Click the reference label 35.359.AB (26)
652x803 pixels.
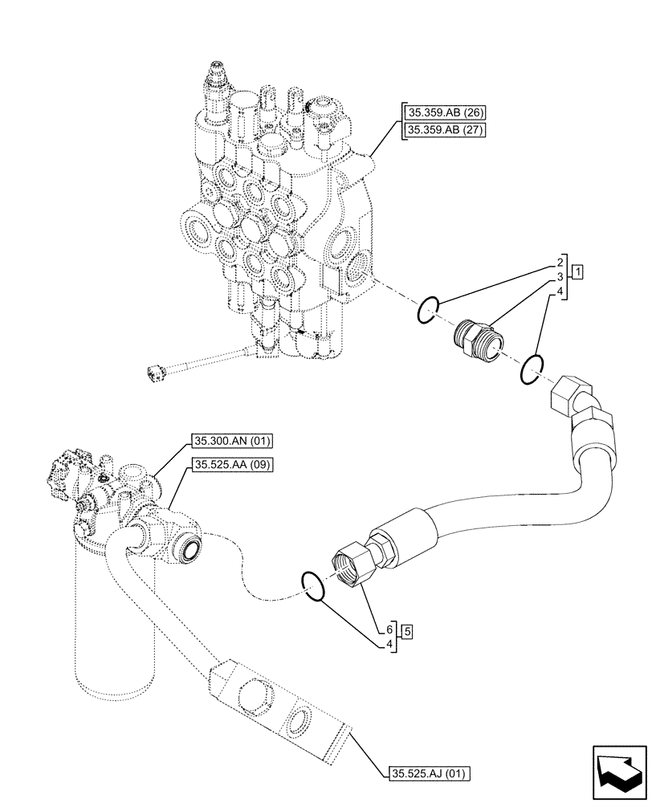point(440,112)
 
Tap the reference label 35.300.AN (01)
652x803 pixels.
point(233,440)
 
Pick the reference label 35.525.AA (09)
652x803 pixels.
point(233,464)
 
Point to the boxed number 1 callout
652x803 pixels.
point(577,271)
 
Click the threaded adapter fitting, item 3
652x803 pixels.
point(477,338)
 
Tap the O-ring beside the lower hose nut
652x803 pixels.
point(313,586)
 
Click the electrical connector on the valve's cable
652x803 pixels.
point(156,371)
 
